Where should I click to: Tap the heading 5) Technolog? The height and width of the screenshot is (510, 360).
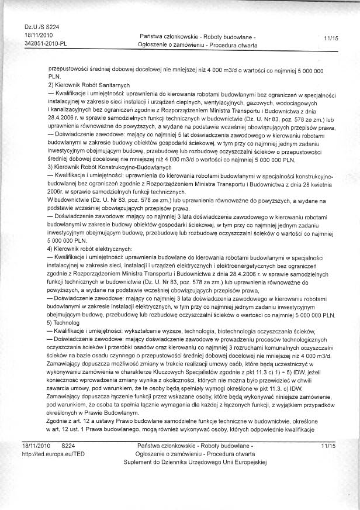(65, 323)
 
